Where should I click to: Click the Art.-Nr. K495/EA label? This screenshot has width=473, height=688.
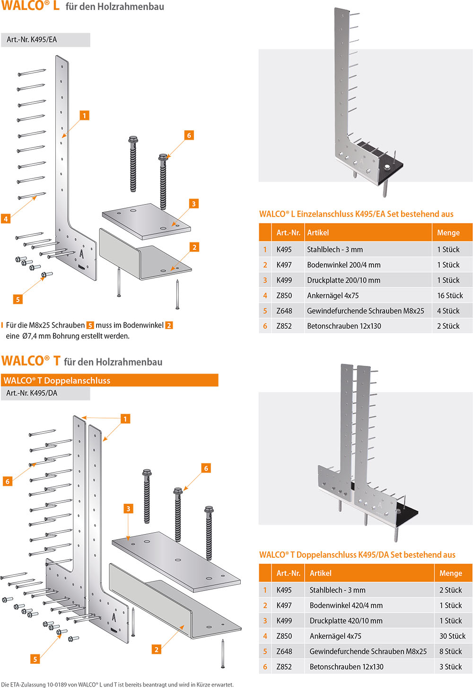32,40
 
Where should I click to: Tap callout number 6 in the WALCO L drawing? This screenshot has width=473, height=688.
189,135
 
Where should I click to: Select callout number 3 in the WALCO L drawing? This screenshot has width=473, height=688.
193,204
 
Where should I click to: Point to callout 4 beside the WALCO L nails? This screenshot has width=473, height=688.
6,219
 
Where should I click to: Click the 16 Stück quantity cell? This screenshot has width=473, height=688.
450,295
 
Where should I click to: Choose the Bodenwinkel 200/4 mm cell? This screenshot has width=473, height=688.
343,265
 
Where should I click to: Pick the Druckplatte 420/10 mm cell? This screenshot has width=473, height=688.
346,621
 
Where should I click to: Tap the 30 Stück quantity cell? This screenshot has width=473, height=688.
452,636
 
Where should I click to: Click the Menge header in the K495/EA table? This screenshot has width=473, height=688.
448,232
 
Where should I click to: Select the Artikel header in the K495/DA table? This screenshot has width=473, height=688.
320,573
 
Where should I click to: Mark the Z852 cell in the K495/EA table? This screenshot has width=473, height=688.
284,326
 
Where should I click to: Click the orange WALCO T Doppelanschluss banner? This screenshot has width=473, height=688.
109,380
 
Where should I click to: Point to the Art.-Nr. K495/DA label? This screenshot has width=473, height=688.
32,393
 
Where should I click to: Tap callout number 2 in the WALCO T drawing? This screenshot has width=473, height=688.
156,650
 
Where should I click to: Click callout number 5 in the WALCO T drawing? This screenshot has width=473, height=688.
35,659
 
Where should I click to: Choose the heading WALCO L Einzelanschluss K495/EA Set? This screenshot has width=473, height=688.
356,214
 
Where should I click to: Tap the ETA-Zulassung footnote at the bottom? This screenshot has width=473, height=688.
117,684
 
